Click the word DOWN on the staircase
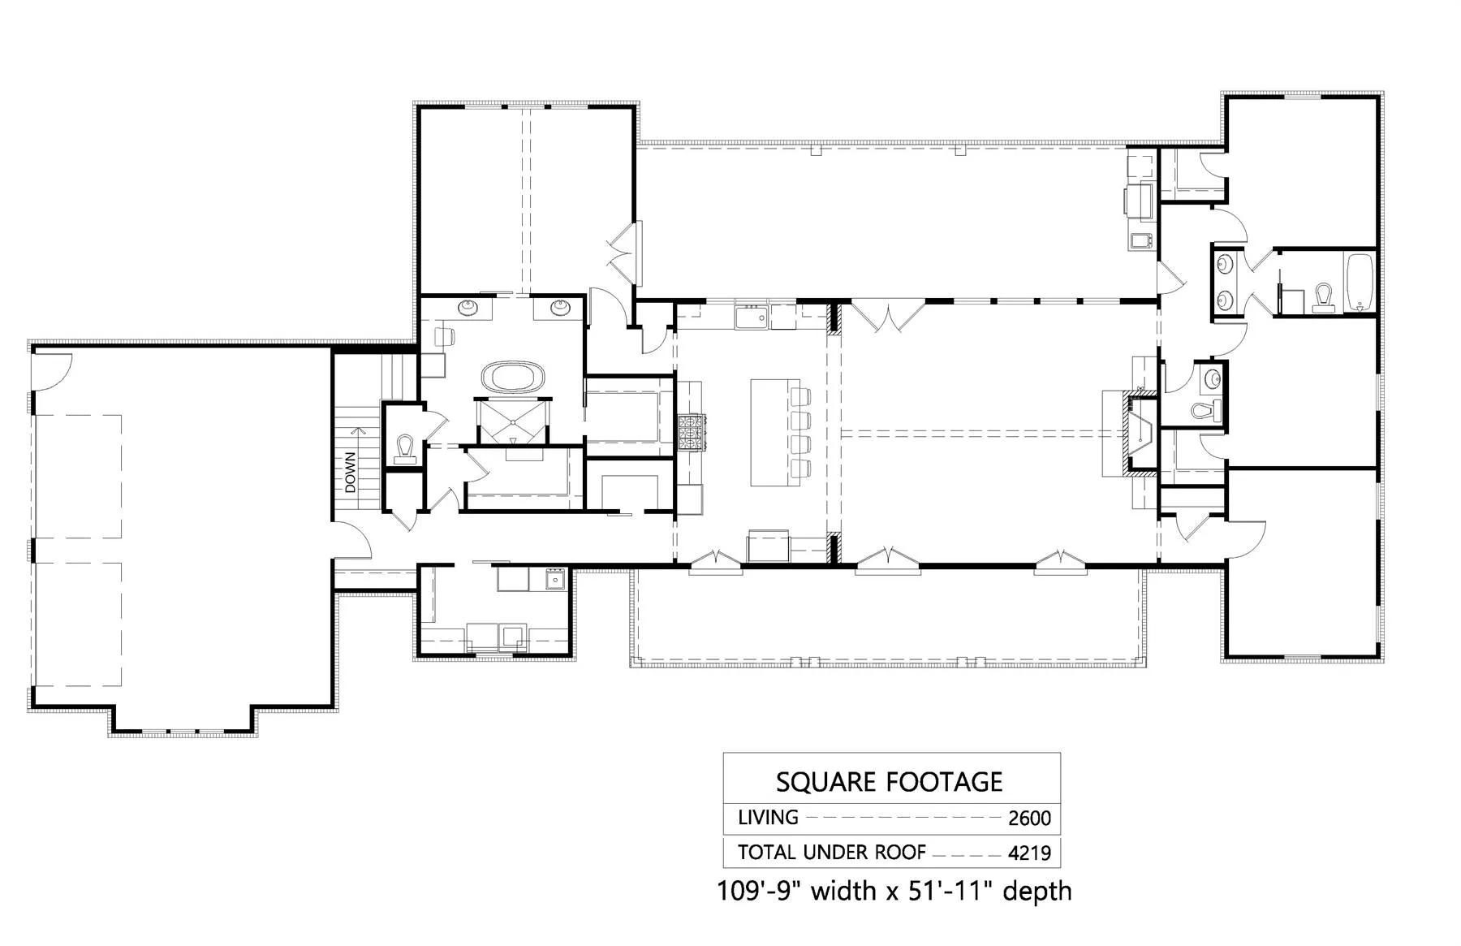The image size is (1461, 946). point(350,473)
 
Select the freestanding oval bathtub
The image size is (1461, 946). point(513,378)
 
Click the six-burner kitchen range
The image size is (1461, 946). point(692,431)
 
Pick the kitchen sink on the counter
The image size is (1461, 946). point(752,317)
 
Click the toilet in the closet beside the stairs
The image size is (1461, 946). point(405,449)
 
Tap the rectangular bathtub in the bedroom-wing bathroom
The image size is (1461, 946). point(1360,283)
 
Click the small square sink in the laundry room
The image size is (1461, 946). point(556,580)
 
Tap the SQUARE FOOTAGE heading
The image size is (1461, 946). point(890,782)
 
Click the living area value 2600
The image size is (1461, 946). point(1029,819)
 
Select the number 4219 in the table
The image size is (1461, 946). point(1029,853)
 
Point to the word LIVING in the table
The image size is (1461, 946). point(768,818)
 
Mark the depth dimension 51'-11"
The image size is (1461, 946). point(953,891)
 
